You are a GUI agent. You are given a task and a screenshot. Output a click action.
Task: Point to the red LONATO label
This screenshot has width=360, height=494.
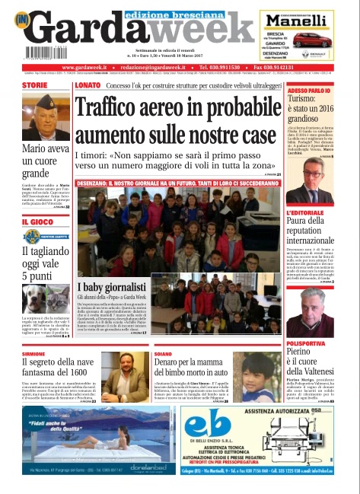(88, 85)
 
